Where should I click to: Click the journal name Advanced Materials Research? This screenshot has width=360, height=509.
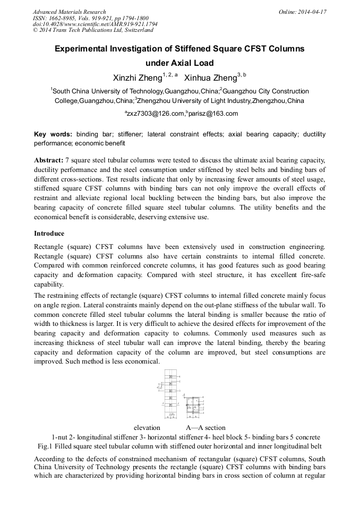coord(69,12)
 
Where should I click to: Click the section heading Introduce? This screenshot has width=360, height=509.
coord(49,234)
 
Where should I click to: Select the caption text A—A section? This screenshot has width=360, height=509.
coord(205,427)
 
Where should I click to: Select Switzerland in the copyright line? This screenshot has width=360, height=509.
coord(134,30)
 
